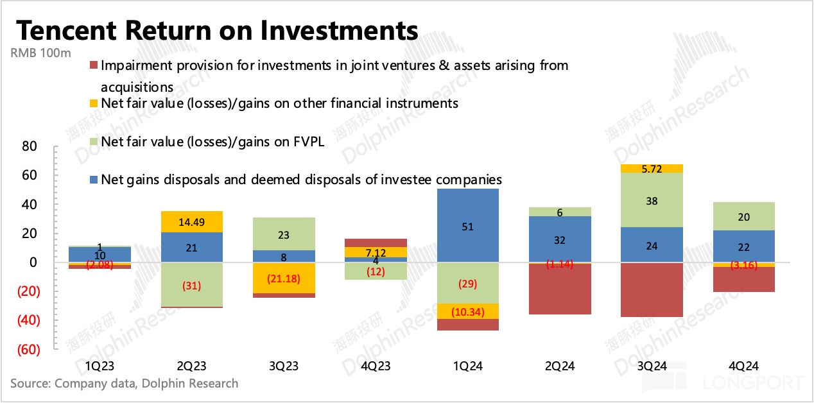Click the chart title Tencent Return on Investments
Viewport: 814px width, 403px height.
coord(217,30)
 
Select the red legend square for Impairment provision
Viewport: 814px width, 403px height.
coord(93,65)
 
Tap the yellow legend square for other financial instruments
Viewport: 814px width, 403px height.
coord(93,103)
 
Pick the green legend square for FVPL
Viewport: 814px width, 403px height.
coord(93,142)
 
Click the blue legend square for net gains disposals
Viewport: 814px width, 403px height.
coord(93,180)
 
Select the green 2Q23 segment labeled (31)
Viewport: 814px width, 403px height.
coord(191,285)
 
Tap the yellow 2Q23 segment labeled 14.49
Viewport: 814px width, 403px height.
coord(191,221)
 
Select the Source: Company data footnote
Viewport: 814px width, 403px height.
coord(124,384)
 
